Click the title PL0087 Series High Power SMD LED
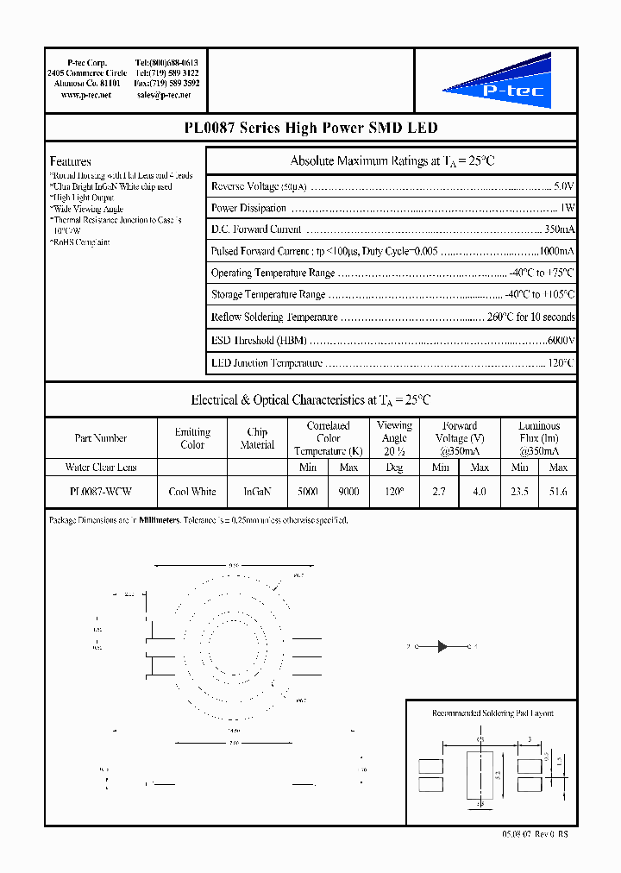310,128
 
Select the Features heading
70,161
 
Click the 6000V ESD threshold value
561,341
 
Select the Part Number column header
100,438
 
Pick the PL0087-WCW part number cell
100,491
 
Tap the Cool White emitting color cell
192,492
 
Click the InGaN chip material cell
257,492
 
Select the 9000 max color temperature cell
348,492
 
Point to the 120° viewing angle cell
394,492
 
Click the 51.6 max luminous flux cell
558,492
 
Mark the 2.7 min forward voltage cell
440,492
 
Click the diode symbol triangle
442,646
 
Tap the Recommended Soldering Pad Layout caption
492,713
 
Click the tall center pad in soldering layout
480,773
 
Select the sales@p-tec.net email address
167,95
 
